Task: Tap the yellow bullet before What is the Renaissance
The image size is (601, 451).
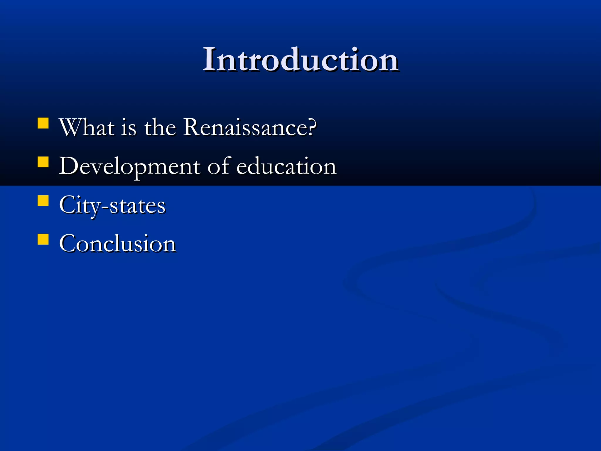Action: [43, 123]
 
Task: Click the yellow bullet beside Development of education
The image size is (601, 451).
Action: [43, 162]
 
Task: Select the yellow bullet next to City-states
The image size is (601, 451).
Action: [43, 201]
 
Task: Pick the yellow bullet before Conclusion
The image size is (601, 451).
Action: [43, 239]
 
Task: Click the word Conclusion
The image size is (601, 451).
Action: [117, 244]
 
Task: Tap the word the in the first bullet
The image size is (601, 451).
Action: [160, 128]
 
